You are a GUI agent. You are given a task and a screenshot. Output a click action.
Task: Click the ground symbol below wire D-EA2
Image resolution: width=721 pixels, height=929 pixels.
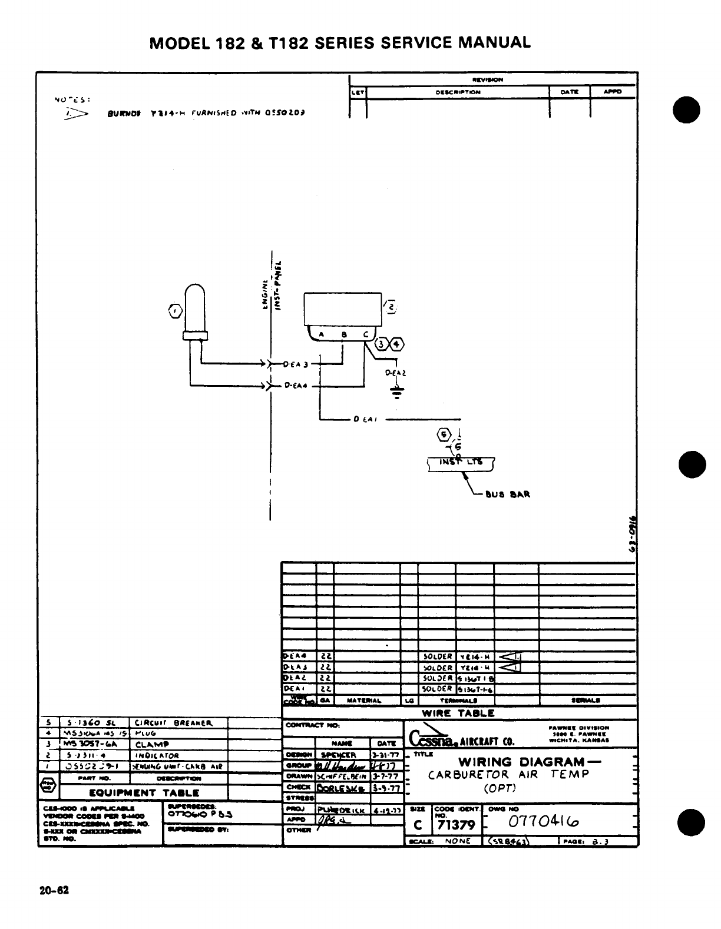point(398,391)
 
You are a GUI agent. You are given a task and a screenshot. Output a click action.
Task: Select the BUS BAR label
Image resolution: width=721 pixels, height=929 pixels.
point(508,494)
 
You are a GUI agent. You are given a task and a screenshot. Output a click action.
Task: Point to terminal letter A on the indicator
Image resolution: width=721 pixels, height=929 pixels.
point(321,335)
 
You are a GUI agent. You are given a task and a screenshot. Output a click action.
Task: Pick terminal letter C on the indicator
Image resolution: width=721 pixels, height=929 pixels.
point(365,334)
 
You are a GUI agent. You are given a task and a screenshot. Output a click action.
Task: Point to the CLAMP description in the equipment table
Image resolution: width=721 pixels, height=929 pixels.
point(150,744)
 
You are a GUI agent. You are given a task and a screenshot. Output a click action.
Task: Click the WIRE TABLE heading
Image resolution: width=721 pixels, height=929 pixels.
point(458,713)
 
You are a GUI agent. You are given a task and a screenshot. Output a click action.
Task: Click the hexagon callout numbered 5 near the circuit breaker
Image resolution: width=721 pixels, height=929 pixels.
point(442,435)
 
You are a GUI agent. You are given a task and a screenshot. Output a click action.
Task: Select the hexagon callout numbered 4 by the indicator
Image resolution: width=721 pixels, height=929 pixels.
point(398,345)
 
